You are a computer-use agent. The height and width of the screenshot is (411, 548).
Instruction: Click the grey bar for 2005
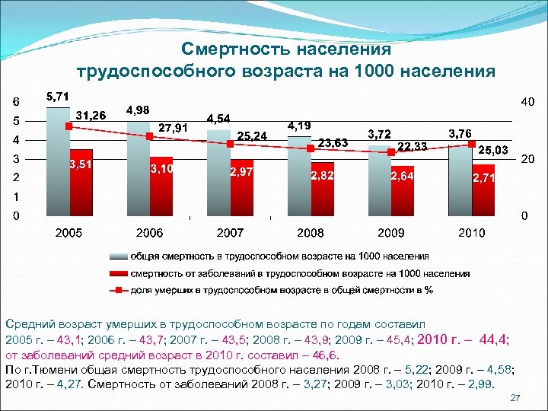pos(58,161)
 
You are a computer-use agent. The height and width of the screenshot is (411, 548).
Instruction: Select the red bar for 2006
pos(161,186)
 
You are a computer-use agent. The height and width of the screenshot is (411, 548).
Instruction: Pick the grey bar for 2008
pos(299,176)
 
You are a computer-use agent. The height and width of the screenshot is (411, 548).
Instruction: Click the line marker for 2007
pos(230,143)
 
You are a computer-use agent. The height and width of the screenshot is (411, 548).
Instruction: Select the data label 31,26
pos(91,115)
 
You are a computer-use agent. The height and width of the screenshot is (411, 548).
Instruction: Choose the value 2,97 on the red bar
pos(241,173)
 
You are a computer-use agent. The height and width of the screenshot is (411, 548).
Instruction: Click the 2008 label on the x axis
pos(311,232)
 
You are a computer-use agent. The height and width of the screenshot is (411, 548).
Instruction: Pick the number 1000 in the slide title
pos(395,71)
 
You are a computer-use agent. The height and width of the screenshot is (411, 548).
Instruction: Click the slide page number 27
pos(515,398)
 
